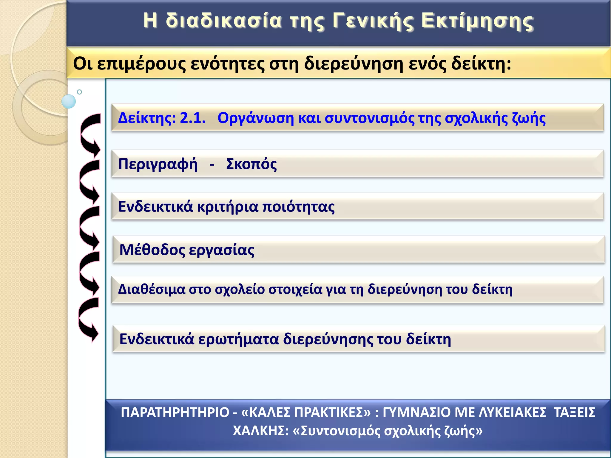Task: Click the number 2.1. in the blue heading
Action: (x=193, y=118)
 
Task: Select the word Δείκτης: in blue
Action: (x=147, y=118)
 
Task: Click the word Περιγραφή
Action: (x=158, y=164)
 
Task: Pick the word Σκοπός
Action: (x=252, y=164)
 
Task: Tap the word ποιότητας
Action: (x=299, y=207)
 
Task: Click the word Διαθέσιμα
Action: (x=152, y=290)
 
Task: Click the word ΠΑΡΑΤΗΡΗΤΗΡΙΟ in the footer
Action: (x=175, y=413)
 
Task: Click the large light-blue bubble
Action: (x=69, y=101)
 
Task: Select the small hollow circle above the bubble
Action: (x=79, y=92)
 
